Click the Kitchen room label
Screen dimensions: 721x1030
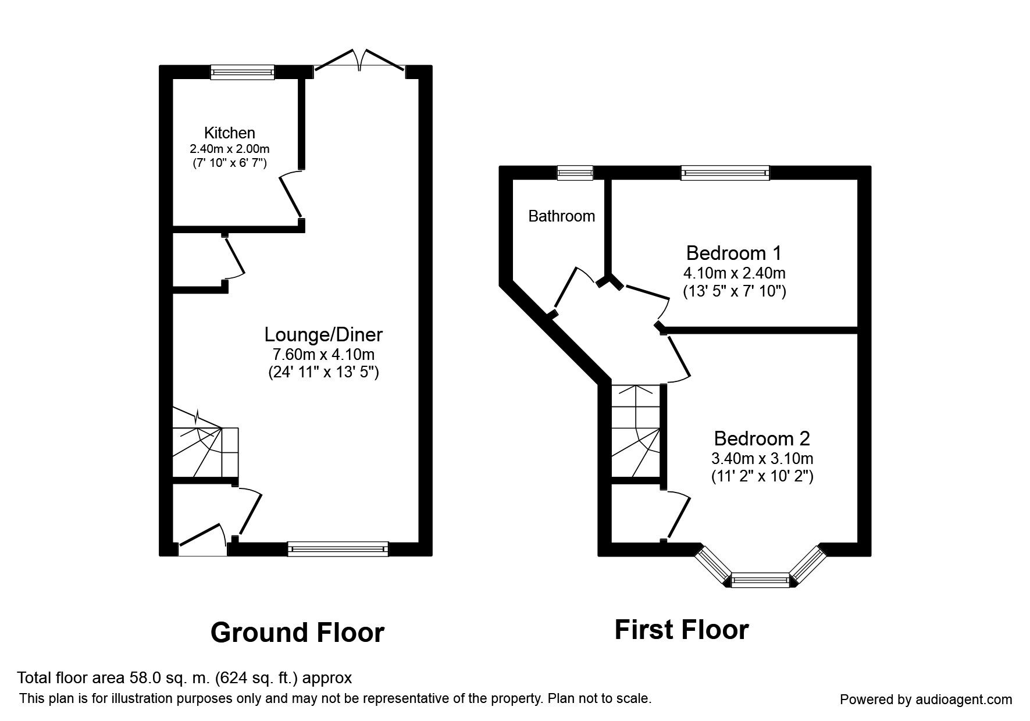coord(229,133)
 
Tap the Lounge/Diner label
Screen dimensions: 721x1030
coord(323,335)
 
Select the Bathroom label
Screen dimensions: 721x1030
coord(561,216)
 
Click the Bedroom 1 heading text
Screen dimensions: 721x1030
coord(733,254)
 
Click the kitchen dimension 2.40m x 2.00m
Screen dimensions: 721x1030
coord(229,149)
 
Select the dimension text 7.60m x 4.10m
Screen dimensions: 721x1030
coord(323,354)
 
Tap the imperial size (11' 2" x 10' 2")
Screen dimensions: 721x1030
coord(762,476)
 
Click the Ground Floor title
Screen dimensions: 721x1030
coord(297,633)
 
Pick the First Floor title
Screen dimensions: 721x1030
coord(681,630)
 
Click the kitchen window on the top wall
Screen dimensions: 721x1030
coord(242,72)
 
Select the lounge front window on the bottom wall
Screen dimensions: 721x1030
coord(337,548)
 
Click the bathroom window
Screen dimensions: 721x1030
coord(575,172)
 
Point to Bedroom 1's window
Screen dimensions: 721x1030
coord(725,172)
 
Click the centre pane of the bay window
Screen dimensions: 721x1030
coord(760,580)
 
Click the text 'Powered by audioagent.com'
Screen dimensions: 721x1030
coord(926,699)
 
